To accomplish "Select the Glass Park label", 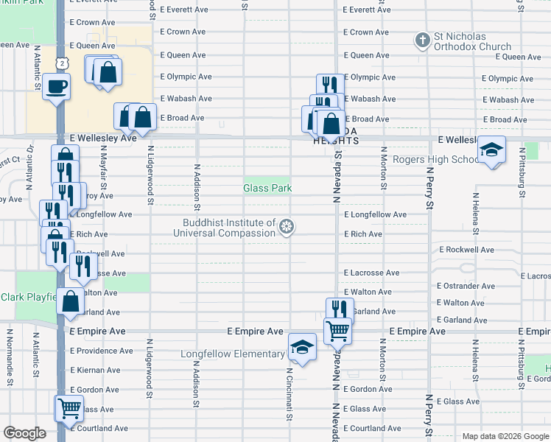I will point(267,189).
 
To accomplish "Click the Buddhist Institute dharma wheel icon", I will point(287,228).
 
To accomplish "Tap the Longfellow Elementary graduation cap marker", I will point(301,346).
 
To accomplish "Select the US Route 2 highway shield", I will point(64,64).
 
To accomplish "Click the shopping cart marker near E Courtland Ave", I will point(69,407).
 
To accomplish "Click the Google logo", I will point(24,433).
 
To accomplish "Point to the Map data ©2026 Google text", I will point(505,436).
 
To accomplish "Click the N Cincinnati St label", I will point(289,393).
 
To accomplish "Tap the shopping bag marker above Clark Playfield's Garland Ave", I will point(70,301).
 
